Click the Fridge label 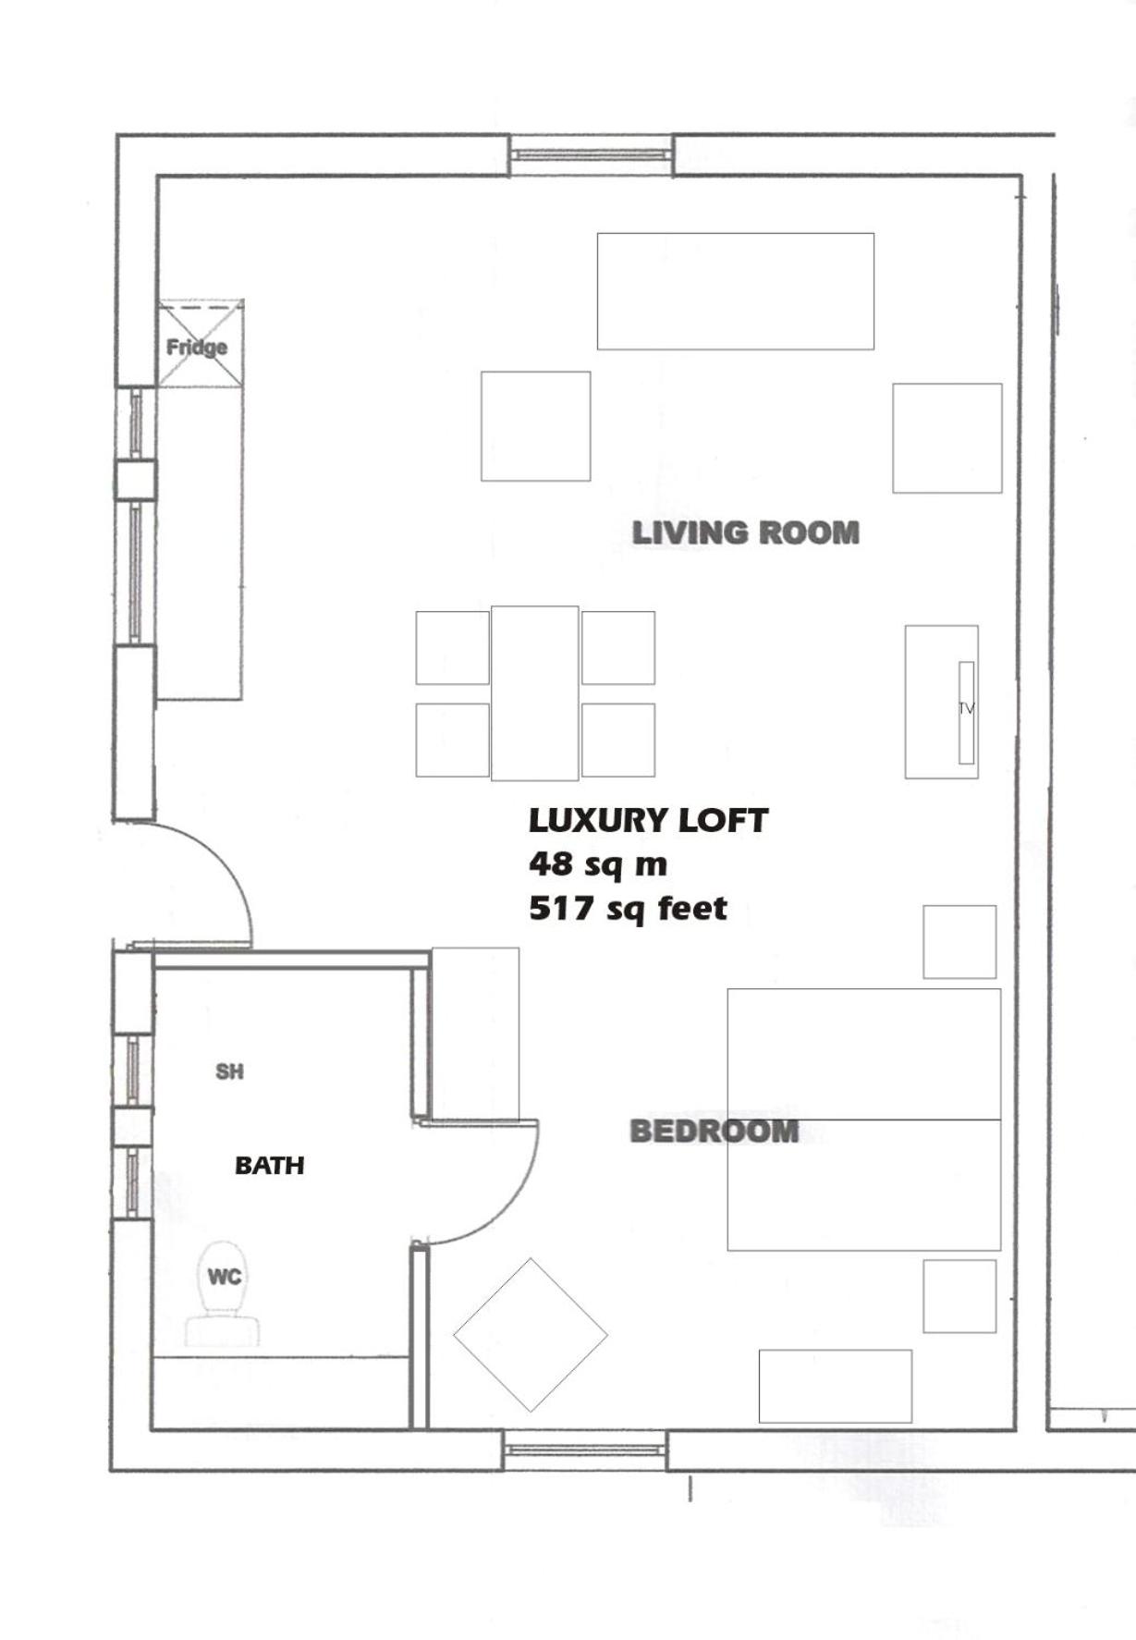click(x=197, y=348)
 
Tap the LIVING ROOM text click(x=746, y=532)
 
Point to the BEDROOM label click(x=715, y=1131)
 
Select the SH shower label click(x=229, y=1071)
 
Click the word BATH click(x=270, y=1166)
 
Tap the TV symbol click(x=966, y=712)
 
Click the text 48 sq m click(x=598, y=864)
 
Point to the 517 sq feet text click(x=629, y=909)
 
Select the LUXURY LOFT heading click(x=648, y=820)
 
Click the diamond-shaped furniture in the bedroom click(x=531, y=1335)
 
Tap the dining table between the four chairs click(x=535, y=693)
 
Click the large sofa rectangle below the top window click(x=736, y=291)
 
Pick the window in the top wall click(x=592, y=155)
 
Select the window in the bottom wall click(x=585, y=1450)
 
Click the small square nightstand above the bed click(x=959, y=942)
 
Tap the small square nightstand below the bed click(x=959, y=1296)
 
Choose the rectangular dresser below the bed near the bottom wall click(x=836, y=1387)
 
